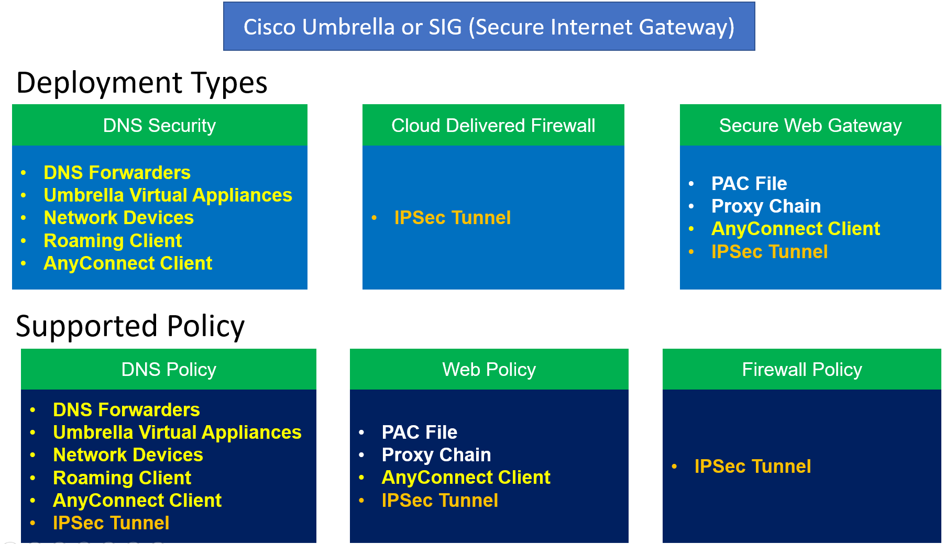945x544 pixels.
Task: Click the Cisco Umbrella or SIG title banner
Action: (489, 27)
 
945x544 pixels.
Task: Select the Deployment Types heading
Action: (141, 83)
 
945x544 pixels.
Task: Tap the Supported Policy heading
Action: (130, 326)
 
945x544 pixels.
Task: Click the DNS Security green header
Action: (159, 126)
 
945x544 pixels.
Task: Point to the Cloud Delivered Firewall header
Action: (493, 126)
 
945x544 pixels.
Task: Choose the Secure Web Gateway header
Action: (810, 126)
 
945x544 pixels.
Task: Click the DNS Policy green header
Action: (169, 370)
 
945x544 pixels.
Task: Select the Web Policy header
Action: (489, 370)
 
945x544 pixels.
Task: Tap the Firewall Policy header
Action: (801, 370)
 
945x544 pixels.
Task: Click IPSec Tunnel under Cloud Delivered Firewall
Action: (452, 218)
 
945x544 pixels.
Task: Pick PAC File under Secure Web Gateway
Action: (749, 184)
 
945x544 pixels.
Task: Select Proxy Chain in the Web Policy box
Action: (436, 455)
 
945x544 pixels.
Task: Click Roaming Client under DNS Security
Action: (113, 241)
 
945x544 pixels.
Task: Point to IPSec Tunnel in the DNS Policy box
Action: (111, 523)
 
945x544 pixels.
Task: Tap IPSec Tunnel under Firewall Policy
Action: (752, 467)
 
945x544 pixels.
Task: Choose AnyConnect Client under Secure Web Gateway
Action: (795, 229)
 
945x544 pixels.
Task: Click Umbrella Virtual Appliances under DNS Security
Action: (168, 195)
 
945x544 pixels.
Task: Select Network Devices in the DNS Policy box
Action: (128, 455)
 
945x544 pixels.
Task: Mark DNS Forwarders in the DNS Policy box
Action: (126, 410)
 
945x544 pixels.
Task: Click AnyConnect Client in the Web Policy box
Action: (466, 478)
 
